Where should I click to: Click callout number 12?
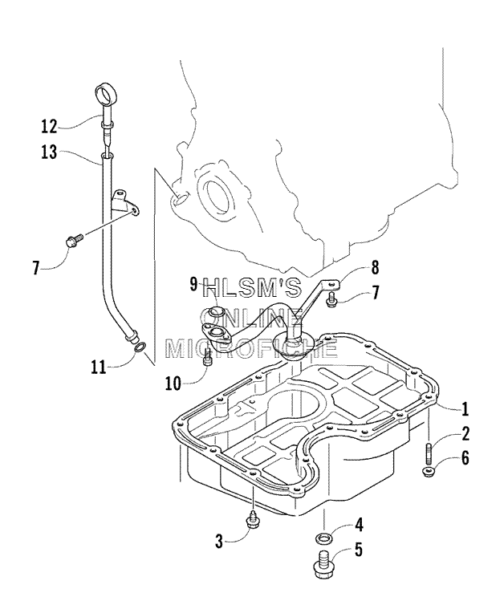pos(49,126)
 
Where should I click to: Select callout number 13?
pos(49,152)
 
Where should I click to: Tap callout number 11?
pos(99,366)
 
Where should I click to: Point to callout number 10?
pos(173,384)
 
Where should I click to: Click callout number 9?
pos(194,285)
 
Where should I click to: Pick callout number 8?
pos(375,268)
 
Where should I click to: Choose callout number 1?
pos(464,408)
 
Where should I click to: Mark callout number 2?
pos(465,433)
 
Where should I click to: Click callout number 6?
pos(465,458)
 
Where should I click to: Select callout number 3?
pos(219,542)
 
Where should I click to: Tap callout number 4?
pos(359,524)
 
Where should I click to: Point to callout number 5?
pos(358,550)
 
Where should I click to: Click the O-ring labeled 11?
pos(140,347)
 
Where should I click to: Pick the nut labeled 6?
pos(428,473)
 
